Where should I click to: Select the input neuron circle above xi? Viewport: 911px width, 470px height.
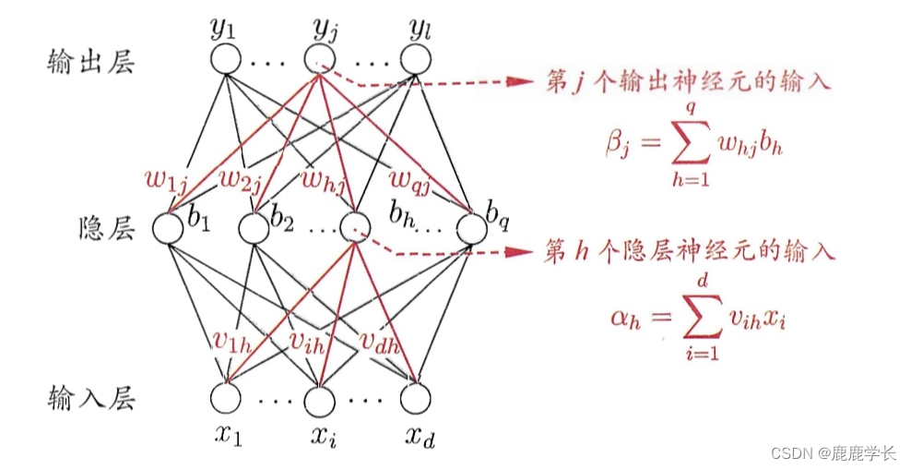(x=319, y=398)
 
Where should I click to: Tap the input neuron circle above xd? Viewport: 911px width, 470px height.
(x=415, y=398)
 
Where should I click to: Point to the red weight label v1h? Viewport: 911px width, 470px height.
(x=227, y=342)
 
